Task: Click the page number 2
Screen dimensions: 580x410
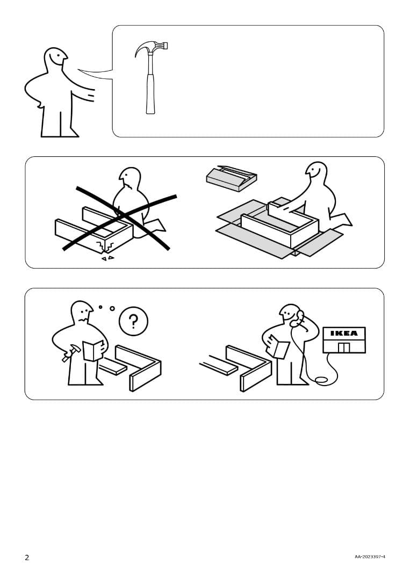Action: pos(27,557)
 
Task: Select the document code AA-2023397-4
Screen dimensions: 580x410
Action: pos(370,557)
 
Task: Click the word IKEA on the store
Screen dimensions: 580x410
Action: pos(344,334)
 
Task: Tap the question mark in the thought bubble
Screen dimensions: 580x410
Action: pos(133,321)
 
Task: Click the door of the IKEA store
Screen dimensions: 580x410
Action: pos(344,347)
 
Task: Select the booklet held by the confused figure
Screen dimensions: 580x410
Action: pos(93,350)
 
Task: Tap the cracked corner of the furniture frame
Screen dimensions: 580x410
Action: pos(105,246)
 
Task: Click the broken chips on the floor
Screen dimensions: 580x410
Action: pos(107,258)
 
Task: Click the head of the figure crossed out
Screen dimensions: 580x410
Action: pos(129,177)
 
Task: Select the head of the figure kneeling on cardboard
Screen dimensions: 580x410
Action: pos(316,171)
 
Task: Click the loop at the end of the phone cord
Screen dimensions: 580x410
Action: pos(321,380)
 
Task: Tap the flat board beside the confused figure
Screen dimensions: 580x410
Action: pos(112,366)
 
